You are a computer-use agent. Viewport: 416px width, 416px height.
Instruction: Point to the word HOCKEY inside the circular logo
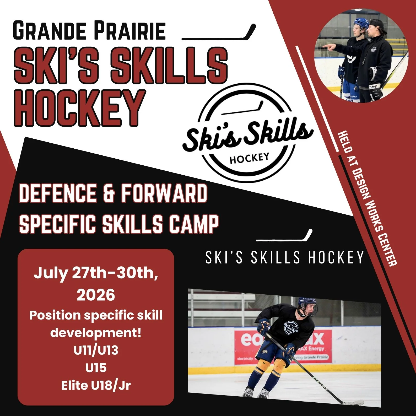(249, 158)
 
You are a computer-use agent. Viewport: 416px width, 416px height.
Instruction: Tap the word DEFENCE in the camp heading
(57, 194)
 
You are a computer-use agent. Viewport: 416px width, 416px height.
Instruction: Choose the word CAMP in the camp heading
(193, 224)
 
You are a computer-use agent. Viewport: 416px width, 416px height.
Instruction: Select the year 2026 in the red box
(96, 295)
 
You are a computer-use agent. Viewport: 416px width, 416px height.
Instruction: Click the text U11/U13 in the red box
(96, 350)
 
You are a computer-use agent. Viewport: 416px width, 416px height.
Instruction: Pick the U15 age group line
(96, 368)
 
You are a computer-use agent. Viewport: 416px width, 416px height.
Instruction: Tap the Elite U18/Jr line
(96, 385)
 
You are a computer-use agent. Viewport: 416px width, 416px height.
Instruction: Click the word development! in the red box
(96, 333)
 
